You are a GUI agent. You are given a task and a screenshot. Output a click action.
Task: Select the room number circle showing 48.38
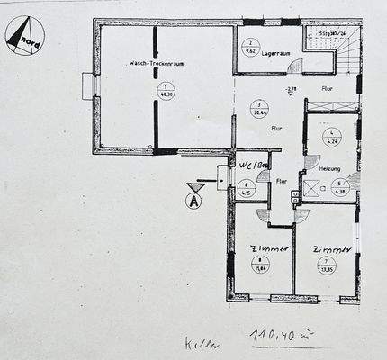click(x=165, y=90)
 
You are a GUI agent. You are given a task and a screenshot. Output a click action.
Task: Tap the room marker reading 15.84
click(x=262, y=265)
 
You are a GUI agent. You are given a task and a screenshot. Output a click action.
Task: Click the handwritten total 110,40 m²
click(x=282, y=337)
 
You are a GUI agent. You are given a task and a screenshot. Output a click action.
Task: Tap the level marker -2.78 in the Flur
click(x=290, y=90)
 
